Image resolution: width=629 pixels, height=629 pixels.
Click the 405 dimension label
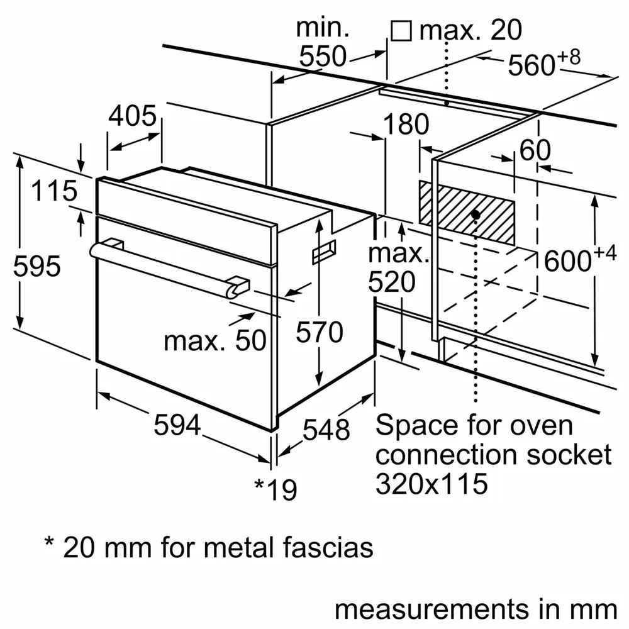coord(132,116)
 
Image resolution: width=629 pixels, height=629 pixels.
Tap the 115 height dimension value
coord(55,191)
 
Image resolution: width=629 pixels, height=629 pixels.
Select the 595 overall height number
coord(37,267)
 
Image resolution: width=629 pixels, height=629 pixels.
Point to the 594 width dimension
coord(177,426)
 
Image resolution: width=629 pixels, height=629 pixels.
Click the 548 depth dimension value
coord(326,430)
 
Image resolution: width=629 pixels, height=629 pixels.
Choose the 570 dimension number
coord(320,331)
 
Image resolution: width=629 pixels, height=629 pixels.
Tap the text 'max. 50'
coord(214,341)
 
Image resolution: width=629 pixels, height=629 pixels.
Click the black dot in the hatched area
coord(476,214)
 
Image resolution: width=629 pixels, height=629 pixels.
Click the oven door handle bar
coord(170,267)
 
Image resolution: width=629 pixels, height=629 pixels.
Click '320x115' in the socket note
coord(431,483)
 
